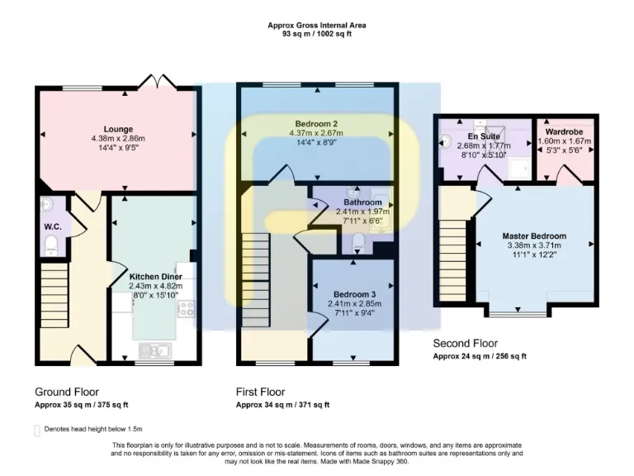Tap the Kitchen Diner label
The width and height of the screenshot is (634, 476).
155,276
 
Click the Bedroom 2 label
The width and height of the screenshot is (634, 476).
317,124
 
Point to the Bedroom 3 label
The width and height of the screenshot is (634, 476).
354,294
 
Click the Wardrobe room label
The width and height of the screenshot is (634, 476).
565,130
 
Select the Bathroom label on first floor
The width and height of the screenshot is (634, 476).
362,202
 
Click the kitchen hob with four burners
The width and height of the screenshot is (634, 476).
186,309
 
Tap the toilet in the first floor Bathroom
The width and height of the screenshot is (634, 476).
357,241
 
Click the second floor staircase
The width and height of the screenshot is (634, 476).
453,261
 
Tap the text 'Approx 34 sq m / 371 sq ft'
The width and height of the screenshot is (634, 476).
283,405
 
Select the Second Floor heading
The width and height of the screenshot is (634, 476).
466,343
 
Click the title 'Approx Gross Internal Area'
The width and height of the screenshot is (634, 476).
317,26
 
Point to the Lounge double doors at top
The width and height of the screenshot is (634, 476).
152,81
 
